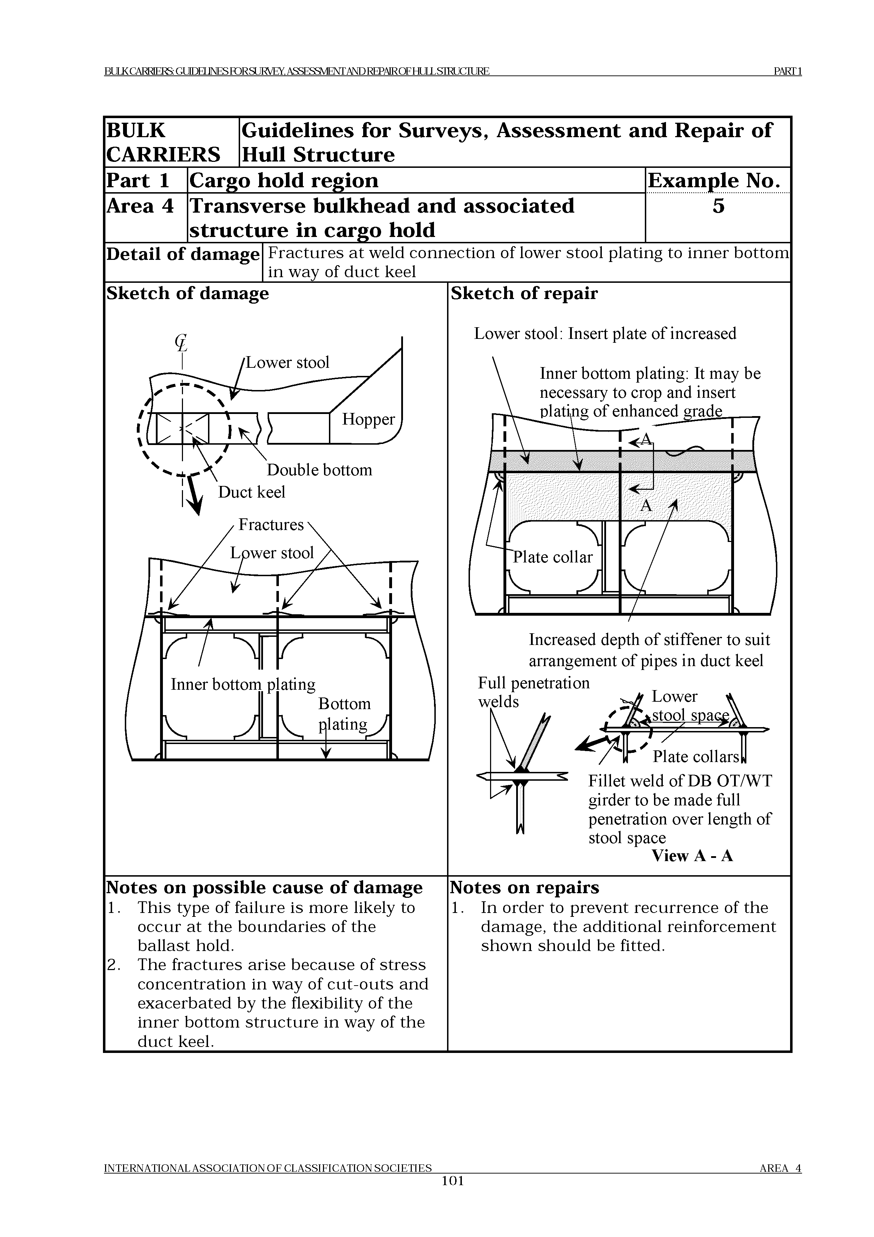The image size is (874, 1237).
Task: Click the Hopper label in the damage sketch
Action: [368, 419]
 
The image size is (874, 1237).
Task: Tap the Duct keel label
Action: [251, 492]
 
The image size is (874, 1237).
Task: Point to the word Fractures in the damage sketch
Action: [271, 525]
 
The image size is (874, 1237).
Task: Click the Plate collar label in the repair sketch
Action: [552, 557]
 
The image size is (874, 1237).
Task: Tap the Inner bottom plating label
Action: [243, 684]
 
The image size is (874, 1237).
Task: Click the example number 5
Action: [719, 206]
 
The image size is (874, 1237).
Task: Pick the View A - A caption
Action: [692, 856]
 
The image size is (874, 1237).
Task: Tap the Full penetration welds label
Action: [533, 692]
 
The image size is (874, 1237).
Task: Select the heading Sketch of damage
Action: [188, 294]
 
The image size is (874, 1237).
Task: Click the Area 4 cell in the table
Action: [140, 206]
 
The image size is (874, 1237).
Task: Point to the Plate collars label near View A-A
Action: [696, 757]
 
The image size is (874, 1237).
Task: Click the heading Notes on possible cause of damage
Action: [264, 887]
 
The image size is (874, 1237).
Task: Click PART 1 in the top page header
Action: [787, 72]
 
